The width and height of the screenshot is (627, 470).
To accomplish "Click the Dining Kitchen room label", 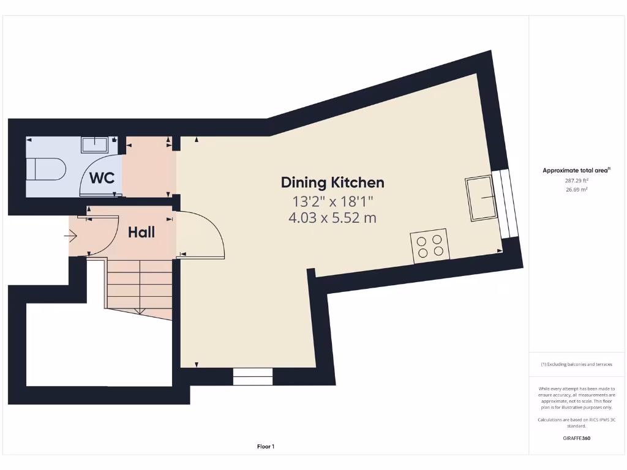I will tap(332, 182).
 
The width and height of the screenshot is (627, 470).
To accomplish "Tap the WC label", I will tap(102, 179).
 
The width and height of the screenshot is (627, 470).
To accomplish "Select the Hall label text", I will tap(141, 233).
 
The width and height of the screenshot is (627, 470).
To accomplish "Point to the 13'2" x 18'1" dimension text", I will tap(332, 201).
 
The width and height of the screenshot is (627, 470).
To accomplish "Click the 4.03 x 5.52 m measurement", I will tap(332, 217).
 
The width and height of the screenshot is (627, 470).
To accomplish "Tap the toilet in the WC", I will tap(46, 170).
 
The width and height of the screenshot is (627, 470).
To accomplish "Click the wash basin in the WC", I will tap(94, 145).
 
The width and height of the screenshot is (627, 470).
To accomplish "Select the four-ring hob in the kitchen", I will tap(430, 245).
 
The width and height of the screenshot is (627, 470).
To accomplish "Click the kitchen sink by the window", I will tap(481, 198).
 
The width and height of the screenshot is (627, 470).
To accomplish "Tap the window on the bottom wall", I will tap(253, 376).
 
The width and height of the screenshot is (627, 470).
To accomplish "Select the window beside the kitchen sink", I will tap(509, 204).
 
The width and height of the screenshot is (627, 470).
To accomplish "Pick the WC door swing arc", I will tap(98, 175).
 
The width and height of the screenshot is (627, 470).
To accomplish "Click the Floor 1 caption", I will tap(266, 447).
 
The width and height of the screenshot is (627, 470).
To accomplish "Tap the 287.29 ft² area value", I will tap(576, 181).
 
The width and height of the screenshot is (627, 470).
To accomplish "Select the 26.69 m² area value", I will tap(576, 190).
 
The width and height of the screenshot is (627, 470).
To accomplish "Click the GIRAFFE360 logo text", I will tap(576, 438).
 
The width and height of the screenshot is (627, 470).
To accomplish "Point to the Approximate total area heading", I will tap(576, 171).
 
